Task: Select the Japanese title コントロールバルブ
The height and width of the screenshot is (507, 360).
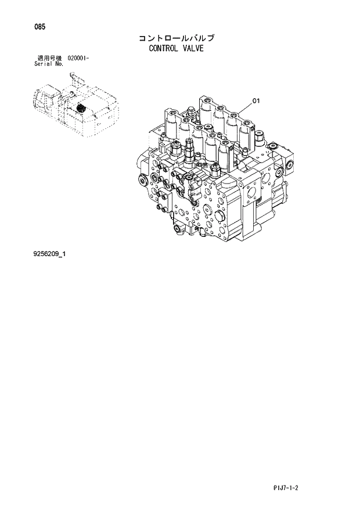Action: click(176, 38)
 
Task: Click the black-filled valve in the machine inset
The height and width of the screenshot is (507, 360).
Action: click(81, 109)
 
